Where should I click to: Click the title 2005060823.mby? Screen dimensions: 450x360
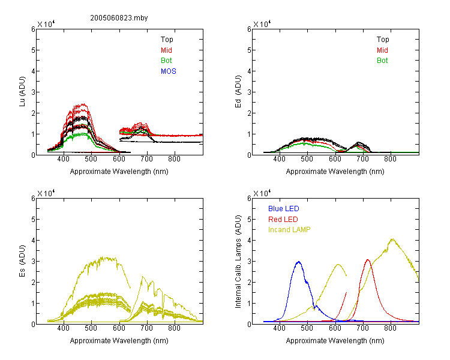click(119, 18)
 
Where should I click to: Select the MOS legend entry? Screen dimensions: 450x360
click(169, 71)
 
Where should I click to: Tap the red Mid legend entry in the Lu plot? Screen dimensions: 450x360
click(166, 50)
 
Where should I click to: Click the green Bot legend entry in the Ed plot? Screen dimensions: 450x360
click(382, 61)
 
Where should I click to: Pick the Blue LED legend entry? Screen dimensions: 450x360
click(284, 209)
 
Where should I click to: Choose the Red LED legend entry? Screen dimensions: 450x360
click(283, 220)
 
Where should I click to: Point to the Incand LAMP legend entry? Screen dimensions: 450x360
click(289, 230)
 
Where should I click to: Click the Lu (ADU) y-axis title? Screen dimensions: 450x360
click(22, 91)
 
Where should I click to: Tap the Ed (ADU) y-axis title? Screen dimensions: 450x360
click(238, 91)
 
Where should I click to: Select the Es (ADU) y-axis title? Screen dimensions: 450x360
click(22, 260)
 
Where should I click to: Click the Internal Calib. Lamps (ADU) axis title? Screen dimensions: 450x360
click(238, 262)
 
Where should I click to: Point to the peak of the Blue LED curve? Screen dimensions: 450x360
click(299, 262)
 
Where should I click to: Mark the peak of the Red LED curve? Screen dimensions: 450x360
click(368, 260)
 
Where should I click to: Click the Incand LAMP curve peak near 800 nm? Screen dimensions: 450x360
click(392, 239)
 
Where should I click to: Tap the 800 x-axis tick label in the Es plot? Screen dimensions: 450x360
click(174, 328)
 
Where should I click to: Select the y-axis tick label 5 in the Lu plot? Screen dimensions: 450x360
click(33, 50)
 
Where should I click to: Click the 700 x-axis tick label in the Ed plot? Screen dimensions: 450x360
click(362, 159)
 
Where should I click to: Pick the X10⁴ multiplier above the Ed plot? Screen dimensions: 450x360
click(262, 24)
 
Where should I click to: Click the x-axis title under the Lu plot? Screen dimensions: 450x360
click(119, 172)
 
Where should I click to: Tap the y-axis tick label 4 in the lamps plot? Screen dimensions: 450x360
click(249, 240)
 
